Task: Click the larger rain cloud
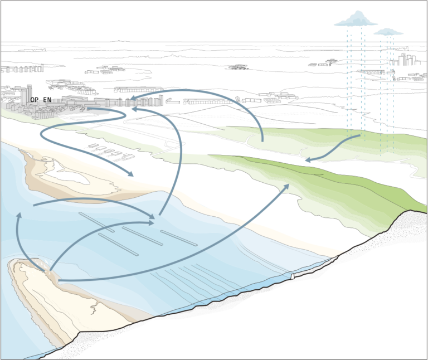[x=356, y=20]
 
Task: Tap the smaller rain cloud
[x=388, y=32]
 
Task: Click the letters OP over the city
[x=35, y=100]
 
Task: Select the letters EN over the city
[x=47, y=100]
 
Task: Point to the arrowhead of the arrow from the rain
[x=309, y=160]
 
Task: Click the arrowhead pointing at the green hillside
[x=286, y=187]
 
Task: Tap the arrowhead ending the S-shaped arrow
[x=130, y=173]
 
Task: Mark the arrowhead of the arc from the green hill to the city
[x=134, y=98]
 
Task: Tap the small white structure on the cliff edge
[x=293, y=276]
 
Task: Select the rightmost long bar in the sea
[x=179, y=239]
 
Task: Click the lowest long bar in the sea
[x=118, y=245]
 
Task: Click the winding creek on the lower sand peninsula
[x=94, y=307]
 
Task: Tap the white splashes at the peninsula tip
[x=47, y=266]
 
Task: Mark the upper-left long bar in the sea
[x=96, y=222]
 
